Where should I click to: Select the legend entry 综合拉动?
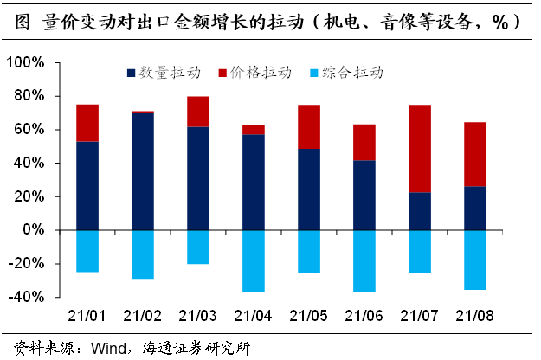(351, 74)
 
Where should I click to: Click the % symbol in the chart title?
(499, 22)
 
